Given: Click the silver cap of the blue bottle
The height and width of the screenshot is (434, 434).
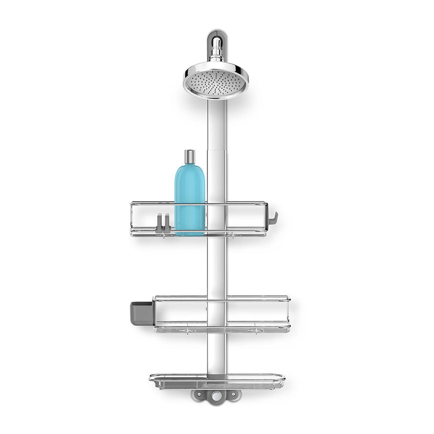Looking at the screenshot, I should (190, 156).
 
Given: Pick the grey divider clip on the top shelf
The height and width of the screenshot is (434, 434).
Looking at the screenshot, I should (163, 223).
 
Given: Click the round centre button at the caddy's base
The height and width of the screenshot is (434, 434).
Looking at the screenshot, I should (217, 395).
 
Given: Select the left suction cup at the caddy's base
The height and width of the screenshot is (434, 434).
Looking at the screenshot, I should (199, 395).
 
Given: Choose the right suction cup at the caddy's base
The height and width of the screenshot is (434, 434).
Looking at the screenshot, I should (234, 395).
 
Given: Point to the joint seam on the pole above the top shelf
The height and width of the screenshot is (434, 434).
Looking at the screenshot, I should (217, 149).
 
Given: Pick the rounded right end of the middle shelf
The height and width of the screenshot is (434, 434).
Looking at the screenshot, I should (288, 313).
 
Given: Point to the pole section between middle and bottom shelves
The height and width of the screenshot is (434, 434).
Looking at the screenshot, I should (217, 352).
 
